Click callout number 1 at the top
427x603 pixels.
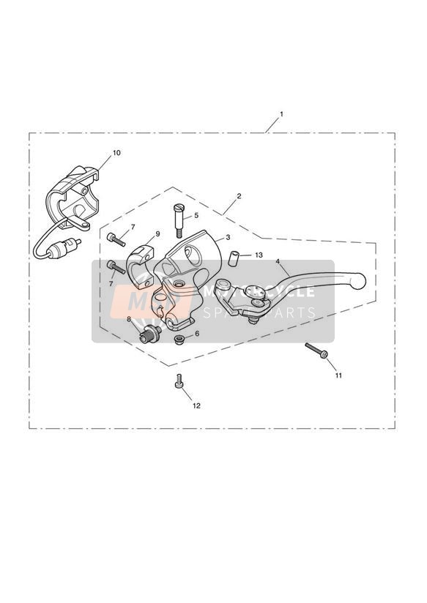[281, 114]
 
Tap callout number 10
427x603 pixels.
[116, 153]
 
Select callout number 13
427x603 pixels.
[259, 255]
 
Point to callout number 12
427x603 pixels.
[196, 405]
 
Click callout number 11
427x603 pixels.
[338, 375]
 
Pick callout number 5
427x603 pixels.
[196, 215]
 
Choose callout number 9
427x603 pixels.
[157, 234]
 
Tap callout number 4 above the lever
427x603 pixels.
[278, 261]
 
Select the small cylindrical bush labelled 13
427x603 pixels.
[233, 258]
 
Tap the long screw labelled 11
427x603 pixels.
[316, 351]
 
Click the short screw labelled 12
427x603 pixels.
[179, 381]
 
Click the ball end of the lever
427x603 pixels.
[358, 281]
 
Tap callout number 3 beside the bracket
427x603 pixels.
[228, 238]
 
